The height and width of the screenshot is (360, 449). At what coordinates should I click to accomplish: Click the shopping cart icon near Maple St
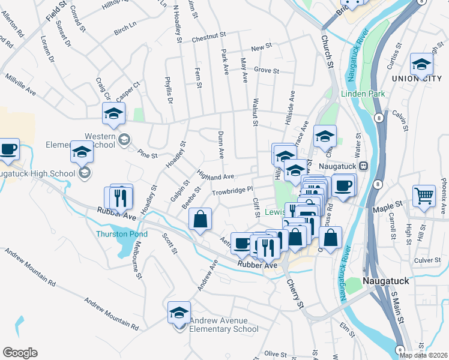click(424, 196)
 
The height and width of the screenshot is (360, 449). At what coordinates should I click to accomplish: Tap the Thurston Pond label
click(121, 234)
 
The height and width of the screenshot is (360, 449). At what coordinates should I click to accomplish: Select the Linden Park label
click(362, 94)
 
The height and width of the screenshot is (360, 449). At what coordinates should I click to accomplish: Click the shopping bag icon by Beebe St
click(200, 219)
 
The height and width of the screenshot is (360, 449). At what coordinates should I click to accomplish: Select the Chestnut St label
click(208, 40)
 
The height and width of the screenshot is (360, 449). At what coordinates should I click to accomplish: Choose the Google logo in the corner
click(20, 353)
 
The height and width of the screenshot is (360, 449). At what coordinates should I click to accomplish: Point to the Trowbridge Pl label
click(234, 192)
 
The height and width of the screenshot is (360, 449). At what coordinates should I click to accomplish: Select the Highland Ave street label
click(215, 176)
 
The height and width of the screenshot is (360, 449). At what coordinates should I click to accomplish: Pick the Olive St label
click(276, 354)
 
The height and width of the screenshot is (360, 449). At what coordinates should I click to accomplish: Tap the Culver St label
click(427, 260)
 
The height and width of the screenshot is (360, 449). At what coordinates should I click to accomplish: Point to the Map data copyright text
click(424, 355)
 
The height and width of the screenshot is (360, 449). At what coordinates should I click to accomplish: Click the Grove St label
click(267, 70)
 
